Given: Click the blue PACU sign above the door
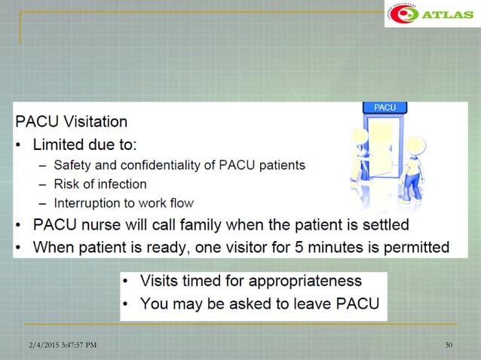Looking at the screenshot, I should (384, 108).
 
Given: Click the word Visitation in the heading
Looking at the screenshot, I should (95, 122).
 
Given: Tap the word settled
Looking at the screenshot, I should (381, 224).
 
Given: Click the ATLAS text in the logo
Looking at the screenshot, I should (448, 14).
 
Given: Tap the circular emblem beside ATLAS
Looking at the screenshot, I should (403, 14).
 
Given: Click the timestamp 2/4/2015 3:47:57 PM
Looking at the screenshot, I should (58, 345).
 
